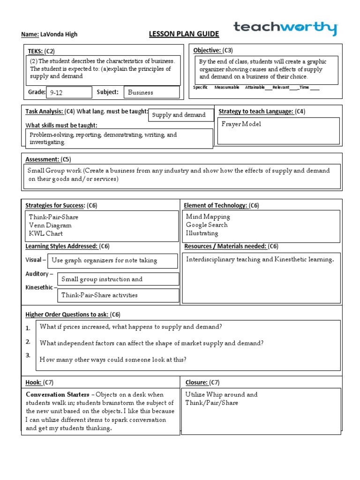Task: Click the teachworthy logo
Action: [285, 28]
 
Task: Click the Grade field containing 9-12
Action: [69, 92]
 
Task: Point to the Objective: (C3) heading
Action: [213, 51]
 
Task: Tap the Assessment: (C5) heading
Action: [48, 159]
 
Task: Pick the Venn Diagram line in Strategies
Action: [50, 225]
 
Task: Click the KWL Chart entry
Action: [45, 233]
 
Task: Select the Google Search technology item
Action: [207, 225]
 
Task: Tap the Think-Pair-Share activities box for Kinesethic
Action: [119, 295]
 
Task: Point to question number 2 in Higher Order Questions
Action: [28, 342]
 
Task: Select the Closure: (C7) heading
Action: [202, 382]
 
